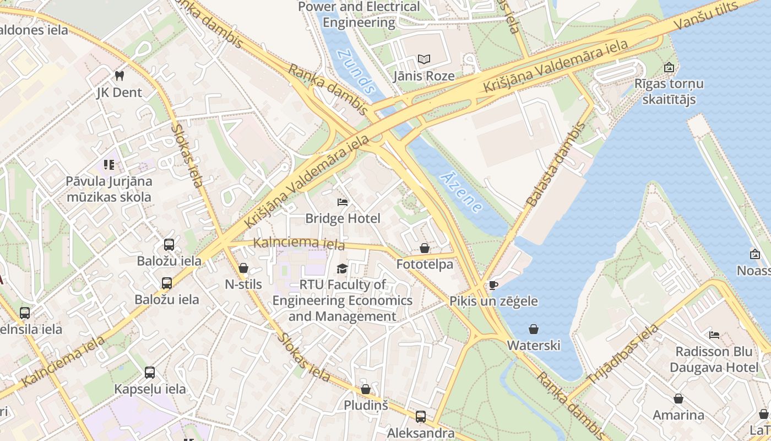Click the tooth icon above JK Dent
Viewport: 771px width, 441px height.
click(119, 76)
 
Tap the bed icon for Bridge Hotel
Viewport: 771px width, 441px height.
click(343, 202)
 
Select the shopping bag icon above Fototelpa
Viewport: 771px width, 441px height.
click(425, 248)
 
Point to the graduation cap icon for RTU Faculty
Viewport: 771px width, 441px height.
click(343, 268)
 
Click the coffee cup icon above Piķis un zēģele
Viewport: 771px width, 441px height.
click(493, 285)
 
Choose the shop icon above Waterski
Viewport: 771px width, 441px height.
click(533, 329)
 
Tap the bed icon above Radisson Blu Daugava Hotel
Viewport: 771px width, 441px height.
click(714, 335)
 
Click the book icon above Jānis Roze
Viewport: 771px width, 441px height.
click(423, 59)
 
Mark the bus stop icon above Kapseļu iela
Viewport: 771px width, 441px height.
click(150, 372)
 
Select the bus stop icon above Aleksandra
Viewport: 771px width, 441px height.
click(421, 416)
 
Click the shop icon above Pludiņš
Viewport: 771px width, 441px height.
click(366, 389)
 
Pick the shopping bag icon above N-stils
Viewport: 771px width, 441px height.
click(243, 268)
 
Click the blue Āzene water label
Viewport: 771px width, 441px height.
click(462, 191)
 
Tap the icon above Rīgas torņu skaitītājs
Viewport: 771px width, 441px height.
click(669, 68)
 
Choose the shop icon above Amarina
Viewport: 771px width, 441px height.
click(678, 398)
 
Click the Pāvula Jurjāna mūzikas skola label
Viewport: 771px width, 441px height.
click(108, 189)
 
